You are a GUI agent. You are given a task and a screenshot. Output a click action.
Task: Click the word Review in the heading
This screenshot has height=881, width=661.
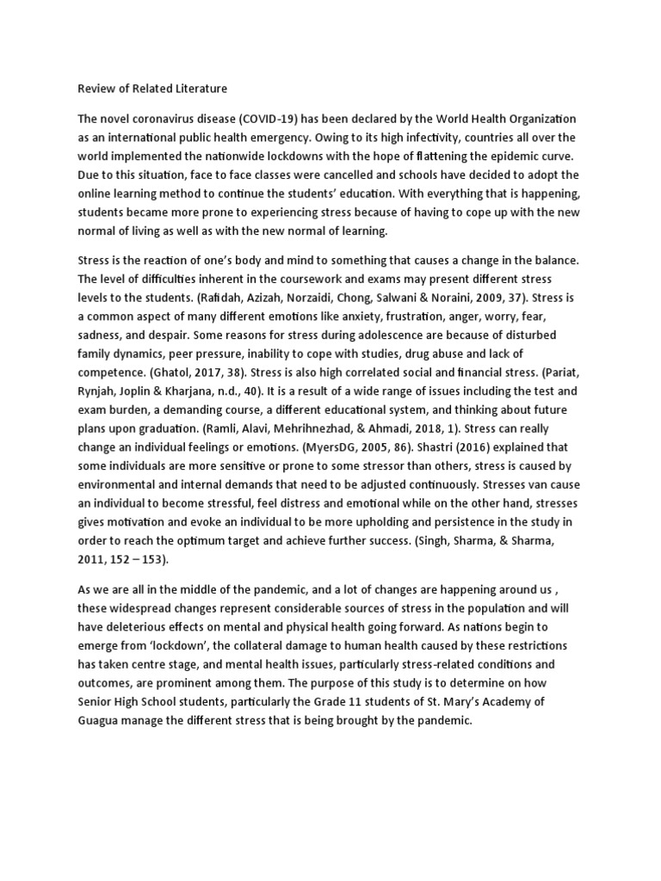click(96, 88)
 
